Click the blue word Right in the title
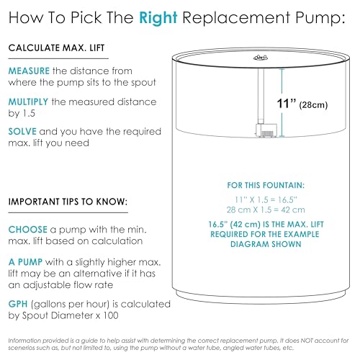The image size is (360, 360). tap(158, 18)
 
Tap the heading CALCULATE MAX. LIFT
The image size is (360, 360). tap(56, 48)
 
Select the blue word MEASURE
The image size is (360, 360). tap(29, 71)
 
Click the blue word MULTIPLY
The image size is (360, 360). tap(28, 102)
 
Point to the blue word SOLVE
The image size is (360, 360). tap(22, 132)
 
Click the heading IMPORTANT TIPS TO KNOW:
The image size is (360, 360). tap(68, 202)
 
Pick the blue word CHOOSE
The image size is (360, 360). tap(28, 230)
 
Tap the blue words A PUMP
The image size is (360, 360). tap(25, 262)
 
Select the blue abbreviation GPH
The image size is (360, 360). tap(18, 304)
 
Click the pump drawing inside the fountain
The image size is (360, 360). tap(266, 130)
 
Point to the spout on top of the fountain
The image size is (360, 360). tap(261, 58)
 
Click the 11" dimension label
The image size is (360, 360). tap(287, 104)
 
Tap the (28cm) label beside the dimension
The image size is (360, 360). tap(313, 105)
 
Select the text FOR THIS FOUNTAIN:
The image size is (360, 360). tap(266, 185)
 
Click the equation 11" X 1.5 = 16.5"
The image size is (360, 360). tap(266, 199)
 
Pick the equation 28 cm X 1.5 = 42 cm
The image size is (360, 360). tap(266, 210)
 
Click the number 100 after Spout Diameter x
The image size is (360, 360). tap(111, 315)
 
